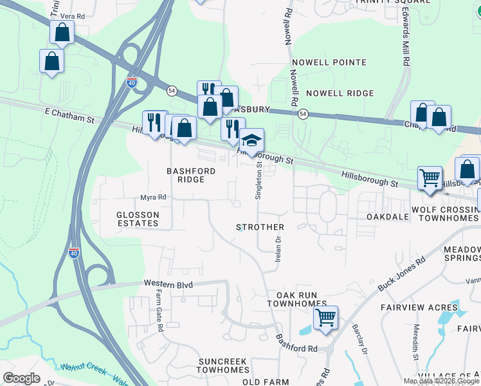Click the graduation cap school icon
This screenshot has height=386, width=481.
tap(251, 140)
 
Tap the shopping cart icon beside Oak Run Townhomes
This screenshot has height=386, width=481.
tap(326, 317)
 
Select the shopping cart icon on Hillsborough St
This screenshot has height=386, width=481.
tap(429, 177)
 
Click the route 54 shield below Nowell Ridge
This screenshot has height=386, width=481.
tap(303, 114)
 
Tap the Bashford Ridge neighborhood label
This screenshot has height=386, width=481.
tap(185, 175)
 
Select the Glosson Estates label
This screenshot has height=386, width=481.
tap(137, 219)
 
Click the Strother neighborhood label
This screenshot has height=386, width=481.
tap(260, 227)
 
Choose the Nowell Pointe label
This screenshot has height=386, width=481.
tap(329, 62)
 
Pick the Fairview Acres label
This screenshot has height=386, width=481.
tap(419, 308)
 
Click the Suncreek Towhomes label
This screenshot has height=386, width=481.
tap(222, 366)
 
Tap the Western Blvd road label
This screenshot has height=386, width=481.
tap(168, 283)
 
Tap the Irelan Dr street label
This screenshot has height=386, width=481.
tap(278, 248)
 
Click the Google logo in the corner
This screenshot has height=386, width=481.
tap(22, 378)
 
